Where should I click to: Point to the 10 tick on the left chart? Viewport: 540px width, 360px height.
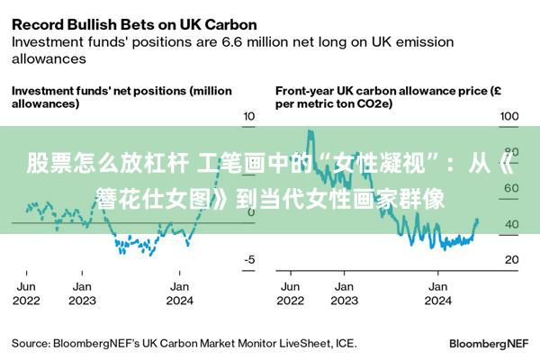click(249, 117)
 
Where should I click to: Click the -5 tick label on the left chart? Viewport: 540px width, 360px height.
click(249, 259)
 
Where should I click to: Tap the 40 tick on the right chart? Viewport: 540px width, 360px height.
click(511, 224)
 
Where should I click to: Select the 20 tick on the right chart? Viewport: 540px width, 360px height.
click(511, 259)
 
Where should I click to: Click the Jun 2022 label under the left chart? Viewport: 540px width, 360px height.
click(27, 292)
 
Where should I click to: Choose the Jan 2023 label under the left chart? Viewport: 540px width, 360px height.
click(83, 292)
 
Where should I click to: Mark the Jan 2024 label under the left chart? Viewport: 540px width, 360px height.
click(179, 292)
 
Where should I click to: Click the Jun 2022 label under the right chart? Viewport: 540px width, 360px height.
click(290, 292)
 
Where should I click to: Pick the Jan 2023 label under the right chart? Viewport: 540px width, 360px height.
click(344, 292)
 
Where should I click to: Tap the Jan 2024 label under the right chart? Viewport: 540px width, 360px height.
click(438, 292)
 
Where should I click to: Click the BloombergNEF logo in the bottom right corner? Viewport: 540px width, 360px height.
click(488, 343)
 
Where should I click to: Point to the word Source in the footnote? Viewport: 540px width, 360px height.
click(31, 343)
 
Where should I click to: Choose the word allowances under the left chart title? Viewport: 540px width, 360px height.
click(45, 103)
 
